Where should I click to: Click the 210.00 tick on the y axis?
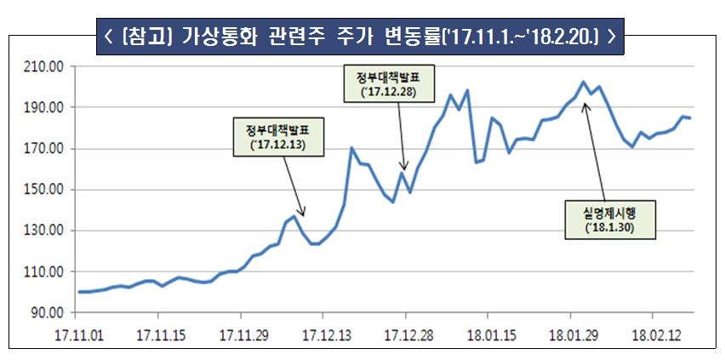point(39,66)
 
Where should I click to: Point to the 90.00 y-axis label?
point(42,312)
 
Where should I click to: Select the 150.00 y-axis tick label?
point(39,190)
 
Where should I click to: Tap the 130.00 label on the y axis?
point(39,231)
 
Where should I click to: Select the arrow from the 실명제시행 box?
point(595,153)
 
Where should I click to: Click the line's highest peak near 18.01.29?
point(583,83)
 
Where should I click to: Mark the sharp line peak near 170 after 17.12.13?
point(351,148)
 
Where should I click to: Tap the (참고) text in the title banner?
point(146,36)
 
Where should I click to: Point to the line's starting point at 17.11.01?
point(79,292)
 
